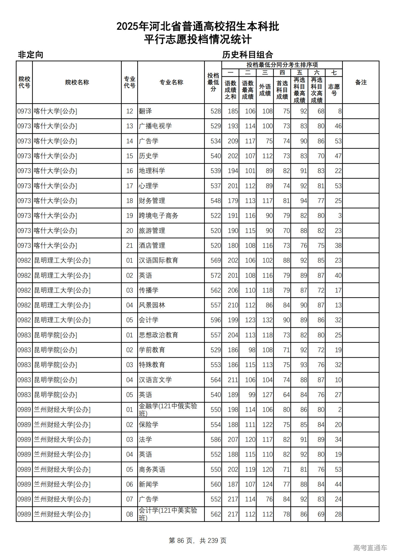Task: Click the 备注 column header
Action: click(x=361, y=82)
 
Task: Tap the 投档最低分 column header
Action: click(x=213, y=82)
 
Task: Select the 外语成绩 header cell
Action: click(x=265, y=90)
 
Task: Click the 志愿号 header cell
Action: click(x=334, y=90)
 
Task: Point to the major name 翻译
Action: click(x=145, y=111)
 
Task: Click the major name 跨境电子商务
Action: click(x=158, y=216)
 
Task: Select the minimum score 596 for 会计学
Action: click(x=216, y=320)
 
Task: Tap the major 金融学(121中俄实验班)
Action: click(x=168, y=410)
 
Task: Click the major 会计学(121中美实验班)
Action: click(x=168, y=514)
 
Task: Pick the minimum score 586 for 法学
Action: click(x=216, y=440)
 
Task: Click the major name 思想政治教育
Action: click(x=158, y=335)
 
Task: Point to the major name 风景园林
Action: click(x=152, y=305)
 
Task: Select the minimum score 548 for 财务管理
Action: click(x=216, y=201)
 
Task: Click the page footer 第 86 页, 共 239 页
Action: click(x=198, y=541)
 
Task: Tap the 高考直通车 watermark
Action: click(x=370, y=548)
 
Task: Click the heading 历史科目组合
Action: click(x=247, y=55)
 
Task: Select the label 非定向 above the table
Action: click(x=30, y=55)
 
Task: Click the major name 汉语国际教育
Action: click(x=158, y=261)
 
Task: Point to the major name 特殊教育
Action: click(x=152, y=365)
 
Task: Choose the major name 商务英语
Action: click(x=152, y=470)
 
